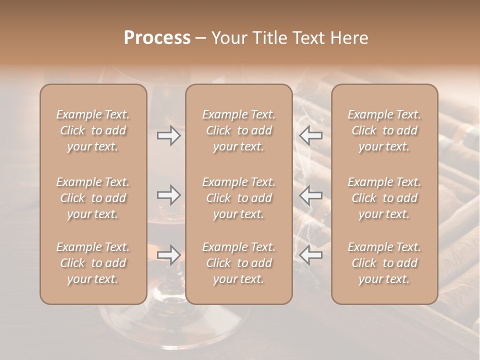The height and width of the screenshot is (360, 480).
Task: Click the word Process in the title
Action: click(157, 38)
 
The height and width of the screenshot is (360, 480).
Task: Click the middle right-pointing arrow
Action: click(168, 194)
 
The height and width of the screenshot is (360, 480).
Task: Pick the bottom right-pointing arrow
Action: click(168, 254)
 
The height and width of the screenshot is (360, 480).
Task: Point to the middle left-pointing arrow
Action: click(311, 194)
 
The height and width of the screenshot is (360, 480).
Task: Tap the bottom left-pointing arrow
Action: click(311, 254)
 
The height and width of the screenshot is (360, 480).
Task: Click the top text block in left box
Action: click(93, 130)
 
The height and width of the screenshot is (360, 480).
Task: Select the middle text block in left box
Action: click(93, 198)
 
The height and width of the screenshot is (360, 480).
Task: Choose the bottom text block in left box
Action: click(93, 263)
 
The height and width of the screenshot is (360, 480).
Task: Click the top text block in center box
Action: click(238, 130)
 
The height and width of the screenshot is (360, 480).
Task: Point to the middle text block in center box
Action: click(238, 198)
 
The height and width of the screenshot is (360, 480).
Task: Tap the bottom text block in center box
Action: click(238, 263)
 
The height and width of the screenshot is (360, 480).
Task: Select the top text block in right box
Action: click(384, 130)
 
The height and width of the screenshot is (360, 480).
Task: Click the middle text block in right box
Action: click(384, 198)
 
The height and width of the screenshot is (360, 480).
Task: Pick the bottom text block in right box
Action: click(384, 263)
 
